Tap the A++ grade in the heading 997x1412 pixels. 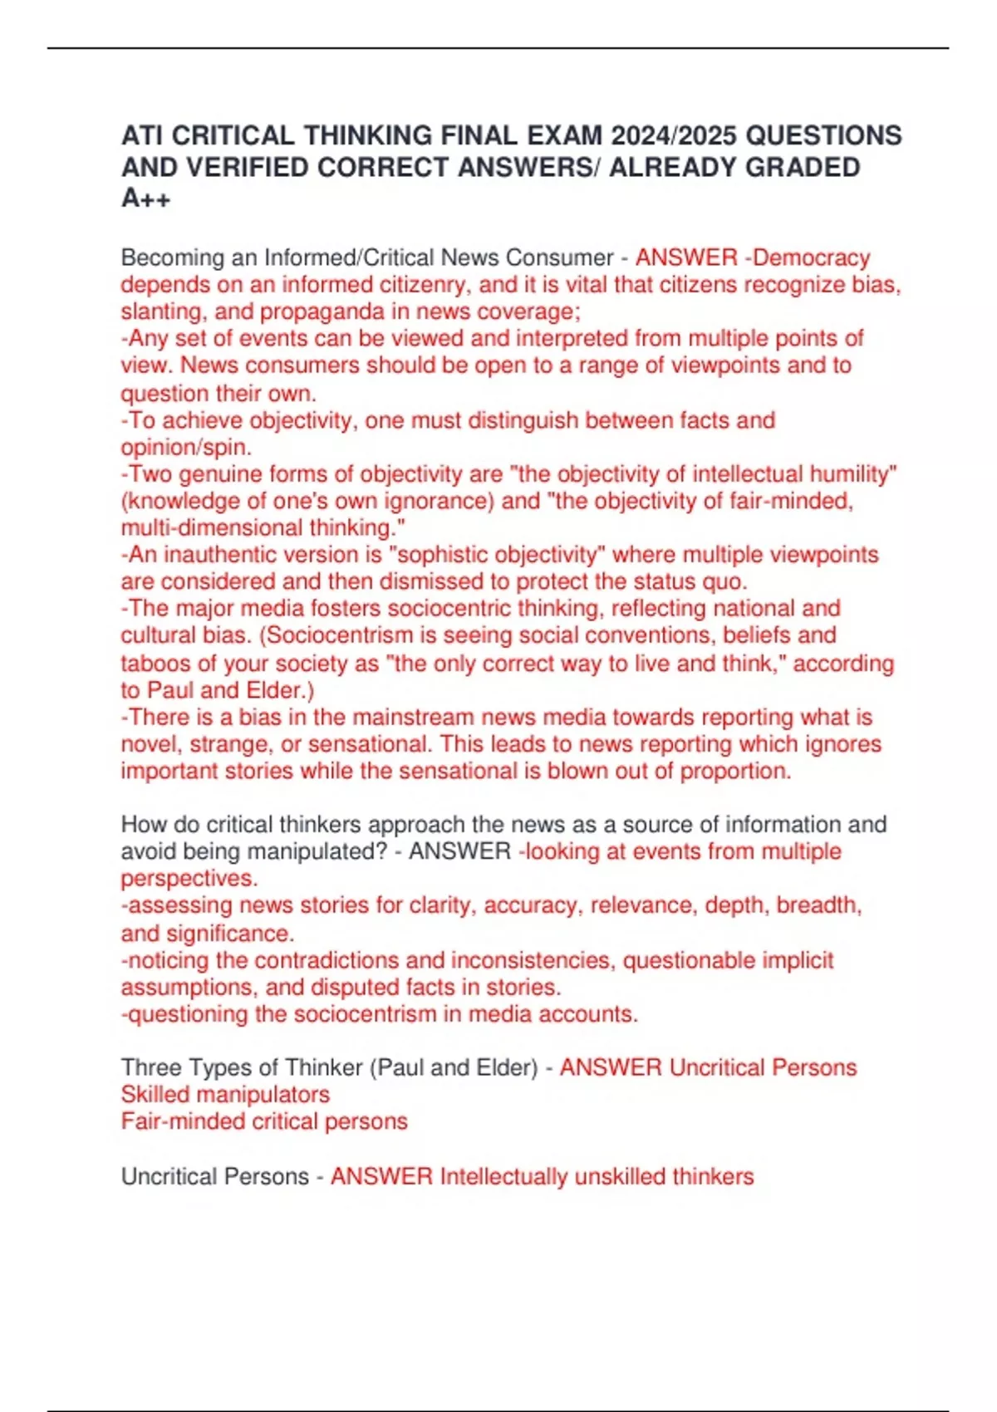coord(146,199)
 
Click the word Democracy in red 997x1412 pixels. coord(812,257)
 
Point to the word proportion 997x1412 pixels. coord(734,771)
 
